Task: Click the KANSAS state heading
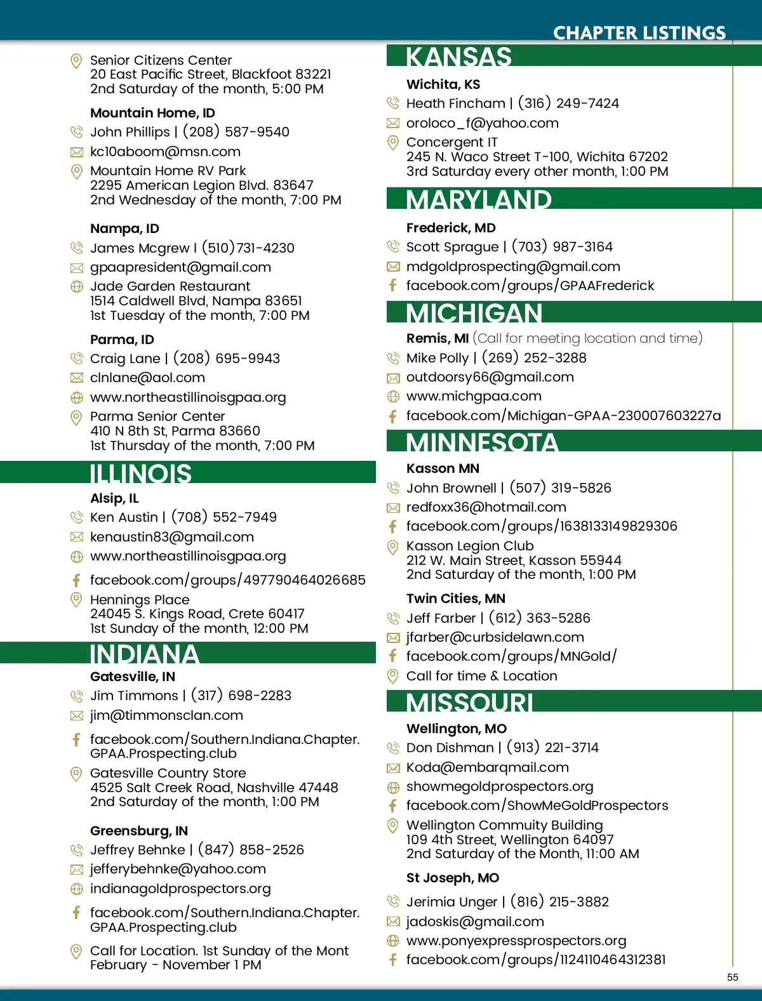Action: point(458,56)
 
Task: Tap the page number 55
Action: point(733,977)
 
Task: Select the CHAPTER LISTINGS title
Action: point(639,33)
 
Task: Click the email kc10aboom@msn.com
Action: point(165,152)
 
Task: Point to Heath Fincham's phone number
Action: point(568,103)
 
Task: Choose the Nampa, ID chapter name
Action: point(124,229)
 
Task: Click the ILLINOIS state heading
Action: point(140,474)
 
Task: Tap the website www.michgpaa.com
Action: point(474,396)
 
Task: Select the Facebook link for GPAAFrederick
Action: point(530,286)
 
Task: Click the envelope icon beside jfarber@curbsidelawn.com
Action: point(393,637)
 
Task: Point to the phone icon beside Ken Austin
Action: point(76,517)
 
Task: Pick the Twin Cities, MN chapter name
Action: point(456,599)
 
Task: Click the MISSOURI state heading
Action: point(469,703)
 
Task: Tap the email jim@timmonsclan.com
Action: point(166,715)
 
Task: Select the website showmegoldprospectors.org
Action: point(500,786)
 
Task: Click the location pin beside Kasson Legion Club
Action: point(393,547)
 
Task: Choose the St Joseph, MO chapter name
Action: point(453,878)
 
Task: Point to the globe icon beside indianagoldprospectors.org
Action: point(76,889)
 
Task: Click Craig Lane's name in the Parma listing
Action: point(125,359)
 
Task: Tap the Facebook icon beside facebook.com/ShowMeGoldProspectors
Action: point(393,805)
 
